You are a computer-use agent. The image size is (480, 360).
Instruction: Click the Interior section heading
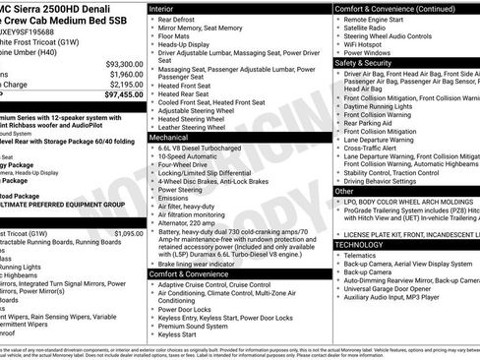tap(161, 7)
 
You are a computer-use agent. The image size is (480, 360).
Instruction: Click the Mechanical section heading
tap(170, 139)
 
